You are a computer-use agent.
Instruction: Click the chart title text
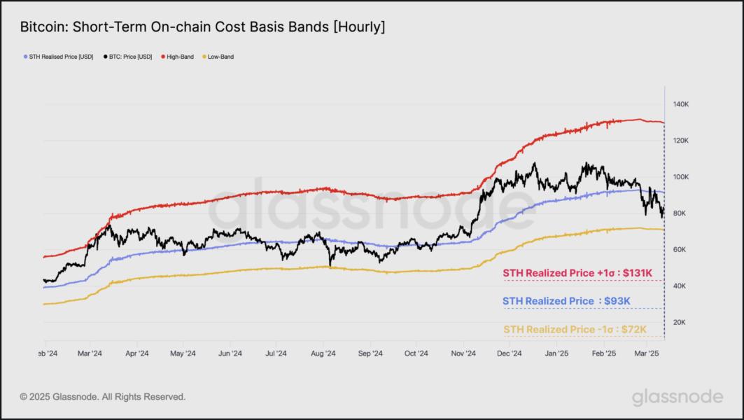pos(202,27)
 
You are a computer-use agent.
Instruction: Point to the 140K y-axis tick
pos(682,104)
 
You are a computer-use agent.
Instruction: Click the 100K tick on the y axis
pos(682,177)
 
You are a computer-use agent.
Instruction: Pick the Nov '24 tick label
pos(463,354)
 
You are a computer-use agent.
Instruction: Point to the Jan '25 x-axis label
pos(557,354)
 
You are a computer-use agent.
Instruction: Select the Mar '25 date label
pos(650,354)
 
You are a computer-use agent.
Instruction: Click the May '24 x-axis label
pos(182,354)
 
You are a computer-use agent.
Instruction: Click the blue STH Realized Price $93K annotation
pos(567,301)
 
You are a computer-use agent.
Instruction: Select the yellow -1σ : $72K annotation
pos(574,329)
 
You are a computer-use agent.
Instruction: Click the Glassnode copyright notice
pos(103,397)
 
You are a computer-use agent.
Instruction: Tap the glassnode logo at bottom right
pos(677,397)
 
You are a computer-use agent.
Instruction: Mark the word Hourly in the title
pos(358,27)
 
